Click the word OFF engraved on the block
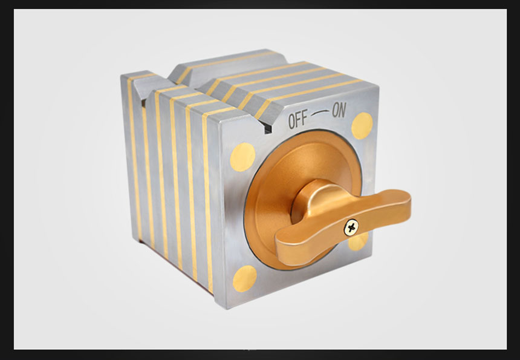[298, 119]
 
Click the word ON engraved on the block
[339, 111]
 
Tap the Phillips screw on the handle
[351, 228]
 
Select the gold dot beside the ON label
[362, 125]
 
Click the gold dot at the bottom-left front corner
[245, 279]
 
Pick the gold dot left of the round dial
[242, 157]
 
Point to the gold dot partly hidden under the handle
[359, 241]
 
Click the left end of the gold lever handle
[278, 249]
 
